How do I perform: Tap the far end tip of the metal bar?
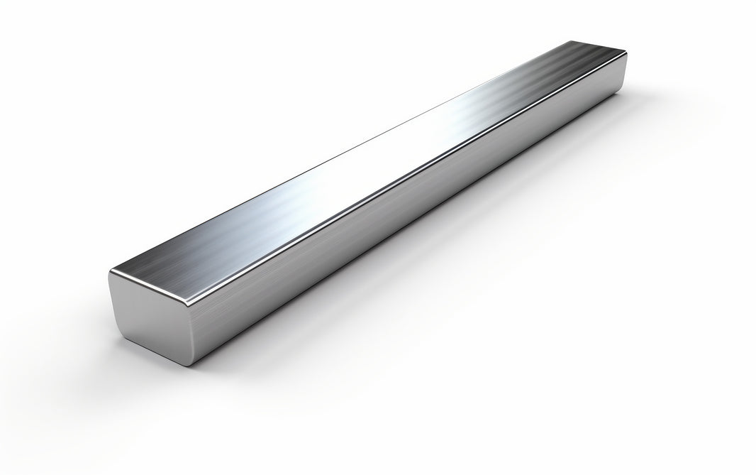(x=624, y=53)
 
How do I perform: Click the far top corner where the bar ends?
(x=625, y=51)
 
